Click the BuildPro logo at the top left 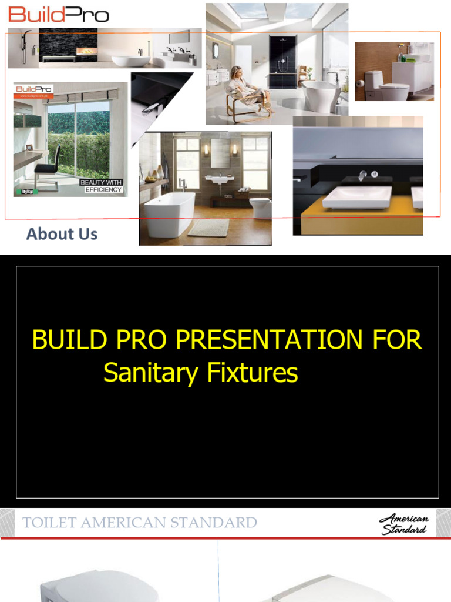pyautogui.click(x=59, y=14)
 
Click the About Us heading pyautogui.click(x=62, y=234)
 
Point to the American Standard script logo pyautogui.click(x=404, y=523)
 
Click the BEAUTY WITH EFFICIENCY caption pyautogui.click(x=101, y=186)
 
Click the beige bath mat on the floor pyautogui.click(x=208, y=228)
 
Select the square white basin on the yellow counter pyautogui.click(x=356, y=197)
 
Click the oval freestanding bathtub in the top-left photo pyautogui.click(x=130, y=60)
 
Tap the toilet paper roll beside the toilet pyautogui.click(x=360, y=83)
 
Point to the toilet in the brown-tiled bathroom pyautogui.click(x=260, y=207)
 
